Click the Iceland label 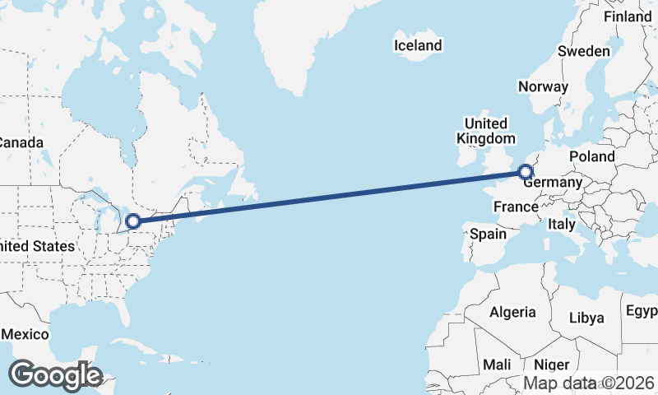418,45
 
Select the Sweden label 584,51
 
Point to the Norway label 543,86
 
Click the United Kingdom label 486,131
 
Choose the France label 516,206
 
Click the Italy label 562,224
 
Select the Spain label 488,234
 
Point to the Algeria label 512,313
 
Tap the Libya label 586,318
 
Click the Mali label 498,365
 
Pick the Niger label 551,365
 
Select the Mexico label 25,335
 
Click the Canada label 20,142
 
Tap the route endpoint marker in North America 132,221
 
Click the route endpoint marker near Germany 525,172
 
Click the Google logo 55,375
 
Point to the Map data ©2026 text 590,383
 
